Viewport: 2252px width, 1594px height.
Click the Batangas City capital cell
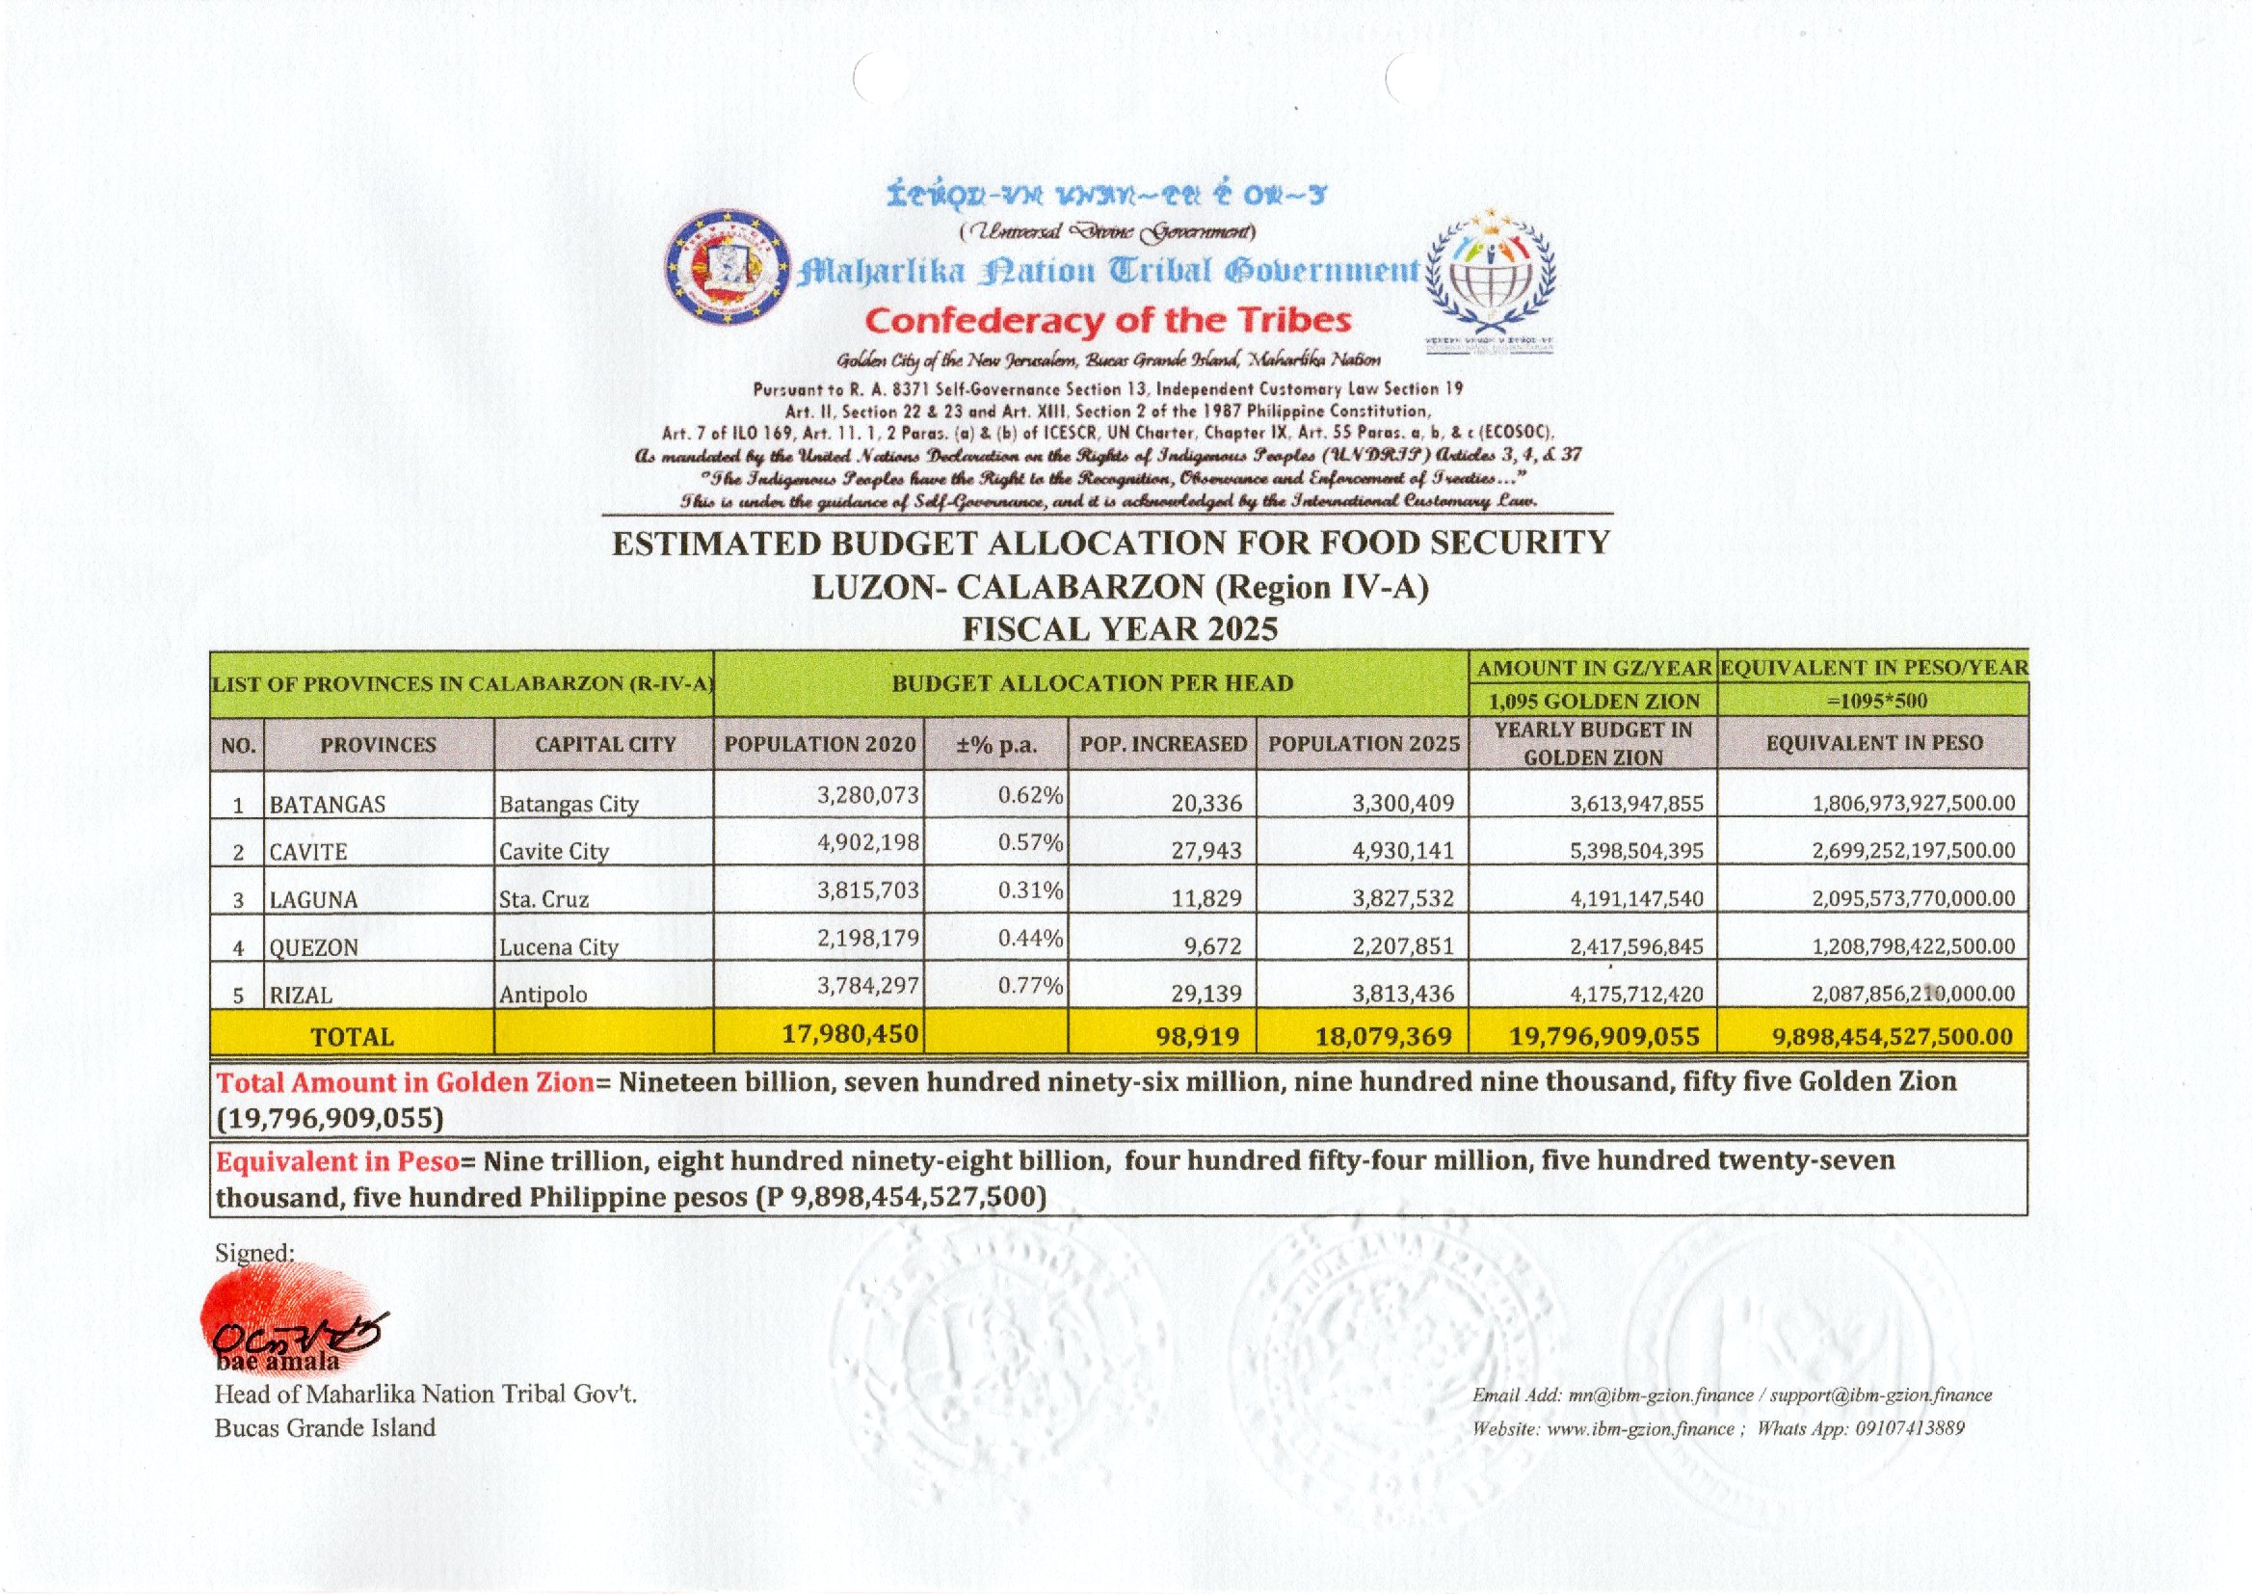569,804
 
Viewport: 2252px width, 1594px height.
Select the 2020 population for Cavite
867,841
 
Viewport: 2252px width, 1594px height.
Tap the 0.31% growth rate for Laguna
1029,890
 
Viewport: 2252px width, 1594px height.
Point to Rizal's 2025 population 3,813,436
1402,994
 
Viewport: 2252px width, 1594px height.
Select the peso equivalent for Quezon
1913,946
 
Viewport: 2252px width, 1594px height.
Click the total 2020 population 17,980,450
850,1032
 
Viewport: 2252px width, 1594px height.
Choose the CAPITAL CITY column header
604,744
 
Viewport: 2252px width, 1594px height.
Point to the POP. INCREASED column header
1163,744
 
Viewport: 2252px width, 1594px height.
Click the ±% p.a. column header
996,744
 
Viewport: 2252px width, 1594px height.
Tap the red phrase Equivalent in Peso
337,1161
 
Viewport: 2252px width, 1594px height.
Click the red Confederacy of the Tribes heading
1108,320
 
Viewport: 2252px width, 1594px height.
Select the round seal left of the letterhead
728,267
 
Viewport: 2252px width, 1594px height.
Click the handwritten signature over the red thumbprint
294,1333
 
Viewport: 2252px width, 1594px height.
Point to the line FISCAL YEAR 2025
1120,628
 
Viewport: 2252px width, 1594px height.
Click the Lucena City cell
557,947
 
